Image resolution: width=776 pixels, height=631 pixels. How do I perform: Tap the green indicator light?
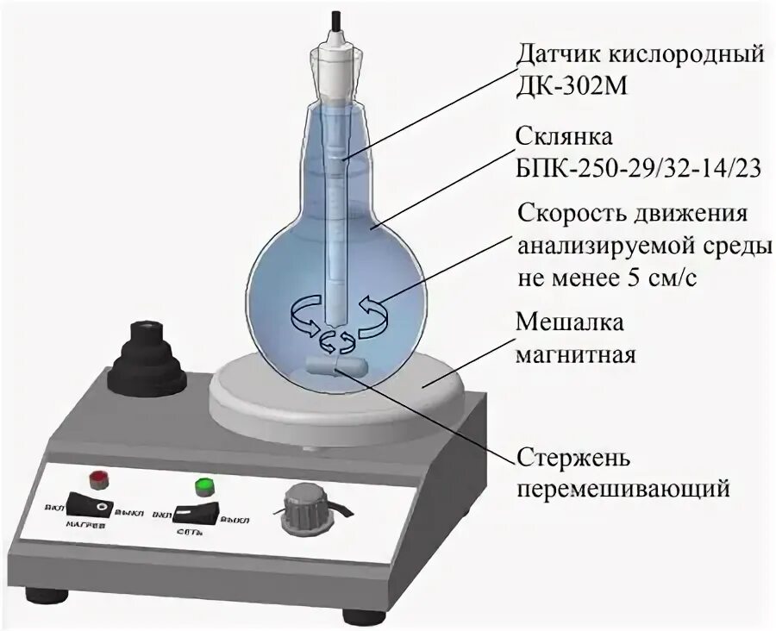tap(204, 486)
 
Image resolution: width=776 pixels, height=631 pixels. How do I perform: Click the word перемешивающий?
tap(623, 489)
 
